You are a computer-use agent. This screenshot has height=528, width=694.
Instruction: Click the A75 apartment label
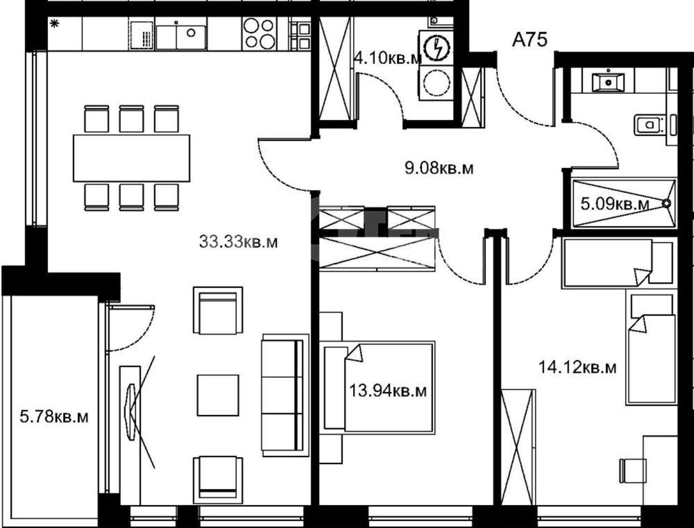(x=530, y=40)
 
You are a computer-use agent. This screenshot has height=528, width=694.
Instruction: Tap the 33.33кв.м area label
(x=239, y=242)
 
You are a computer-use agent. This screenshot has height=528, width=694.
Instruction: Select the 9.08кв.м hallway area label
(x=439, y=169)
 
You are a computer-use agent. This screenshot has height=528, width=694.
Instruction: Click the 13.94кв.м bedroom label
(x=388, y=391)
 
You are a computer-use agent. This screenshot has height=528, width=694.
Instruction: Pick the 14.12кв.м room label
(x=577, y=368)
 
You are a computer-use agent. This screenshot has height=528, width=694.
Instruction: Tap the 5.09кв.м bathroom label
(x=615, y=204)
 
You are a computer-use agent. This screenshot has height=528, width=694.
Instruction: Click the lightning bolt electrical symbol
(x=437, y=50)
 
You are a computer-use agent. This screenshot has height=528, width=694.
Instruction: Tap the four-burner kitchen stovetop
(x=259, y=33)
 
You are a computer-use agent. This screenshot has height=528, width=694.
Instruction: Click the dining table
(x=132, y=158)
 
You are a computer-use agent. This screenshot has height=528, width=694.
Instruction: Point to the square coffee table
(x=218, y=396)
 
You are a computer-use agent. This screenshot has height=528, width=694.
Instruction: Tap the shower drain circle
(x=666, y=203)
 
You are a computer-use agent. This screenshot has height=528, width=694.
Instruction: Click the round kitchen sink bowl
(x=191, y=33)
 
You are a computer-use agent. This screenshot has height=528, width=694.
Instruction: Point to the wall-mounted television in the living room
(x=130, y=411)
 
